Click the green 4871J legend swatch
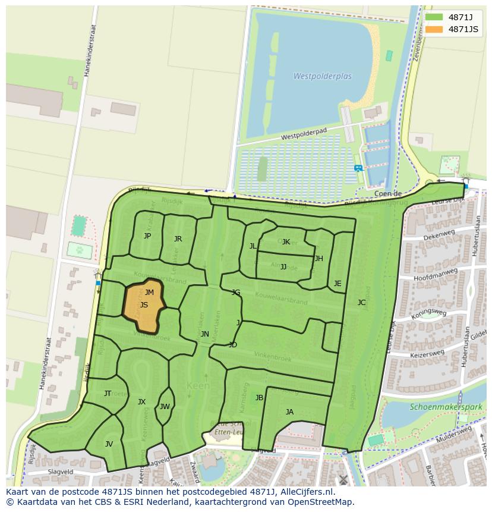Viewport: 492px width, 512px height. tap(434, 17)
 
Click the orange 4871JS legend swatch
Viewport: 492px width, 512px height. tap(434, 29)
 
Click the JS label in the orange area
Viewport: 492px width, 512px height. tap(144, 305)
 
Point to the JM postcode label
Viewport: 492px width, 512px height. tap(149, 292)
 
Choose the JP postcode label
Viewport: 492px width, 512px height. tap(147, 236)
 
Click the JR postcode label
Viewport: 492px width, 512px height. tap(178, 239)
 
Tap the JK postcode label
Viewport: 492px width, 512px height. tap(286, 242)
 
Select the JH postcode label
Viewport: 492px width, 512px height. tap(319, 259)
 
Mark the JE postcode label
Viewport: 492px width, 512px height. tap(338, 284)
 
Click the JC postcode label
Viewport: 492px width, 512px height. tap(361, 303)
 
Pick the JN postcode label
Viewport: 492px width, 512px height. tap(204, 334)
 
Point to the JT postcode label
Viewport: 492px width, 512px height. tap(108, 393)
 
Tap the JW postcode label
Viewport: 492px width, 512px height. tap(165, 407)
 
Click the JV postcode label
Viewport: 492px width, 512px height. tap(109, 444)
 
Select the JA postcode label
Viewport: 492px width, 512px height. tap(289, 412)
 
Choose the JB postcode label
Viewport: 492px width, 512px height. tap(259, 398)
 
